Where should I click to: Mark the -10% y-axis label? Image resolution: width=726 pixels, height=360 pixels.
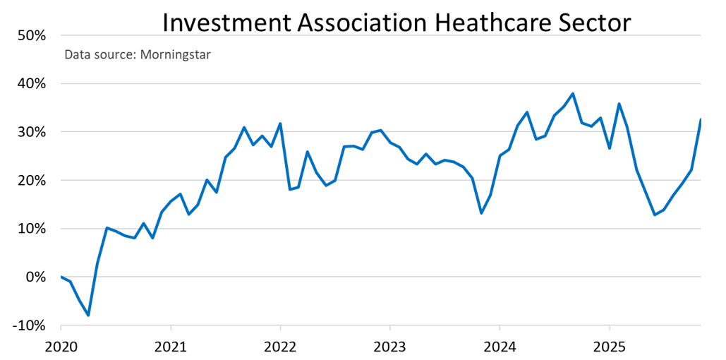(28, 325)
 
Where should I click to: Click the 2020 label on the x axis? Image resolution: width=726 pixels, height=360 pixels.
(61, 347)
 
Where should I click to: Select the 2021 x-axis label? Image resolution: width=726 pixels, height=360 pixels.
(170, 347)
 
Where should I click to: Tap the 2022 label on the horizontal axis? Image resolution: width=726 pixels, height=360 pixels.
(280, 347)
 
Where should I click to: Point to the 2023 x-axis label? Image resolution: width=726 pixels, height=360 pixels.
(389, 347)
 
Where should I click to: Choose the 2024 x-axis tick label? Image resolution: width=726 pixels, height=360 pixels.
(500, 347)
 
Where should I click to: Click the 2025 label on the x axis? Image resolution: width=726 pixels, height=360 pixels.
(609, 347)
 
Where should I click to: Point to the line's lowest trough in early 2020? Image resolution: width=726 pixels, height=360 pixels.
(88, 315)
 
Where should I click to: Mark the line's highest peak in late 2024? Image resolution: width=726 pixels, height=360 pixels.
(572, 93)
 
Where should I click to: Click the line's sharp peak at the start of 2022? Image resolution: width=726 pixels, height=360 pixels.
(281, 124)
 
